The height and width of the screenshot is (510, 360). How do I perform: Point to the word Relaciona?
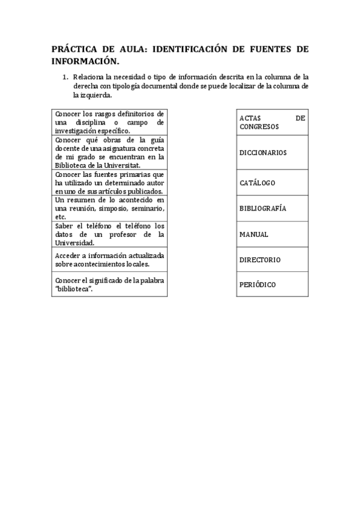click(x=88, y=77)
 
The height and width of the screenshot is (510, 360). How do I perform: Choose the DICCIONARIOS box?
click(x=271, y=153)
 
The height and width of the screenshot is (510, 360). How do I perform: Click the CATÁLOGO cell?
click(x=271, y=182)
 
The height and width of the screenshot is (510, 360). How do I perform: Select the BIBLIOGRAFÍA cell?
click(x=271, y=208)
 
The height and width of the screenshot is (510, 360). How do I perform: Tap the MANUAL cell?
click(x=271, y=234)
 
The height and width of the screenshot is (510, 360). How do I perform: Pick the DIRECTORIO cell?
click(x=271, y=260)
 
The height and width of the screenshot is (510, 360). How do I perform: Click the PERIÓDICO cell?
click(x=271, y=284)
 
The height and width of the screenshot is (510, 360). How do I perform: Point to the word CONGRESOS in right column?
click(x=259, y=127)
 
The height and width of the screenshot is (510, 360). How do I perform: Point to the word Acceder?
click(x=67, y=255)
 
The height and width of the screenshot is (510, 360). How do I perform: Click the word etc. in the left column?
click(x=60, y=217)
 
